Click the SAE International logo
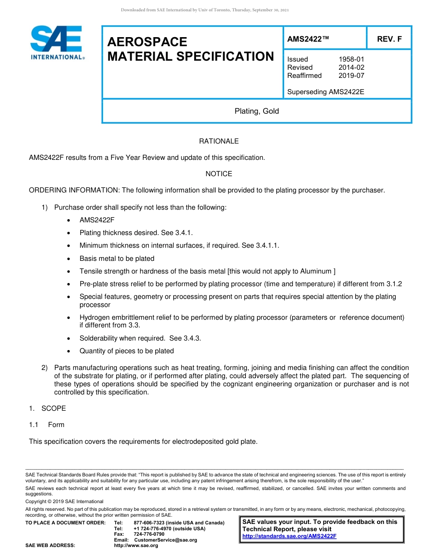click(57, 43)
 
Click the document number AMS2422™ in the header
click(308, 39)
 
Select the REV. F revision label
click(389, 39)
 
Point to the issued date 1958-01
click(351, 59)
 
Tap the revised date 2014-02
click(351, 67)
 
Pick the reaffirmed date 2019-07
click(351, 76)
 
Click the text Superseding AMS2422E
click(325, 92)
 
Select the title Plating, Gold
click(256, 111)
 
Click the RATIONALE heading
click(219, 141)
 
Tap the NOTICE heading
click(219, 174)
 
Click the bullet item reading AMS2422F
click(97, 220)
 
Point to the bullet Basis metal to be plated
click(117, 259)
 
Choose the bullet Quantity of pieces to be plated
click(127, 351)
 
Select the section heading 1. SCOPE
click(48, 408)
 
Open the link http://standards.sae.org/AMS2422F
click(289, 536)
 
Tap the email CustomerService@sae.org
click(166, 540)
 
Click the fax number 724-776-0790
click(149, 534)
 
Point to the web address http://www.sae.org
click(136, 546)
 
